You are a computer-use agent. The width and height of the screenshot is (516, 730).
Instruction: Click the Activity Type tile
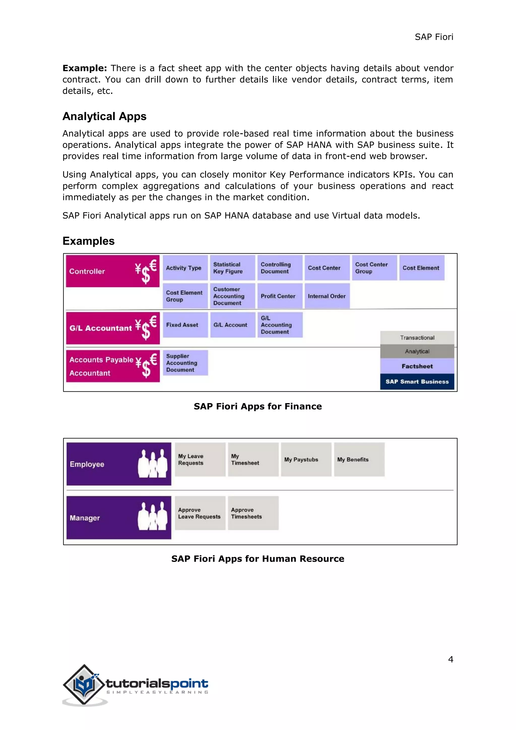185,268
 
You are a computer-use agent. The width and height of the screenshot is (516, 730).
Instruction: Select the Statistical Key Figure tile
232,268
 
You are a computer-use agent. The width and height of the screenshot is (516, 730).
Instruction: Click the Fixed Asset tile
185,325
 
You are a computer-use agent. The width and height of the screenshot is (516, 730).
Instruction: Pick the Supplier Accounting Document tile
185,363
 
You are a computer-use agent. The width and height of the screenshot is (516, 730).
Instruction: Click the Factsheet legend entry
417,366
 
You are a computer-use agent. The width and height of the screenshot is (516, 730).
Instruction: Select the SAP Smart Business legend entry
417,382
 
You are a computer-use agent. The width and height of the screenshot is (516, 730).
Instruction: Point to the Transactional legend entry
417,338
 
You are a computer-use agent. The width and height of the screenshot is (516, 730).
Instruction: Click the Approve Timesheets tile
253,513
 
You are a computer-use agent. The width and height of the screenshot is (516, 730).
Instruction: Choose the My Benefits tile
359,460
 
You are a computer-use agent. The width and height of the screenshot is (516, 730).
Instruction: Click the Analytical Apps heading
104,116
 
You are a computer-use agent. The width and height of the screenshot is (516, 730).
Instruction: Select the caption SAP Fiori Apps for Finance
258,406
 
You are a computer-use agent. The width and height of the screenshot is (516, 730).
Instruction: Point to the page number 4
450,659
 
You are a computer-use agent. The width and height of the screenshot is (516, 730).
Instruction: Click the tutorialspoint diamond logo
84,684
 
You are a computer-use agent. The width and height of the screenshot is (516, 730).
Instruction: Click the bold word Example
84,68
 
